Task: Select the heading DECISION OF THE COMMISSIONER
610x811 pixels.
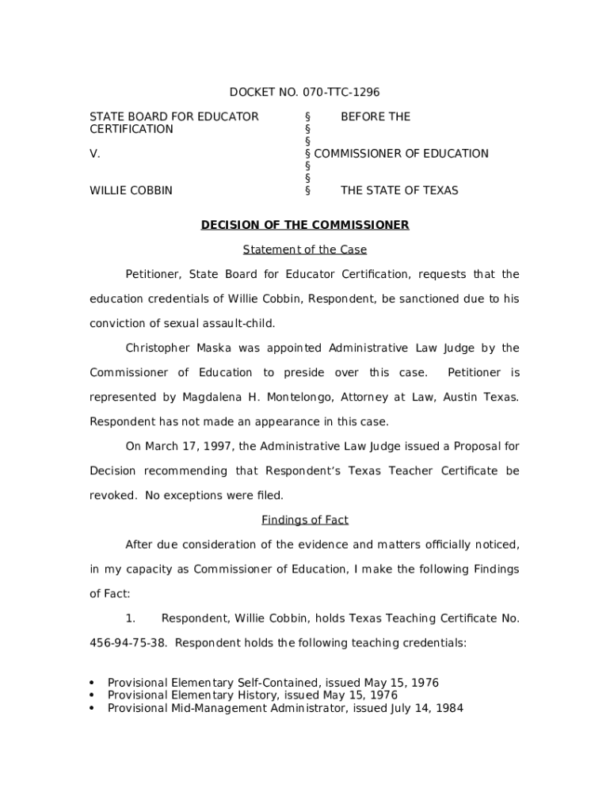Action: point(305,225)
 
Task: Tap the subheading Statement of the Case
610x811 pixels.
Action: point(305,249)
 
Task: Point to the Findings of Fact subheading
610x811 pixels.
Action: point(305,520)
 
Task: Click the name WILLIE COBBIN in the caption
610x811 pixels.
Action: point(131,190)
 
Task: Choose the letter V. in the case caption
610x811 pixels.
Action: point(94,154)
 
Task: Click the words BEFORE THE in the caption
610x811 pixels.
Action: point(376,116)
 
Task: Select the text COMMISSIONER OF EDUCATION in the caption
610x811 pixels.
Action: point(401,154)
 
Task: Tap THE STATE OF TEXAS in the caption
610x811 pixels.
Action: point(399,190)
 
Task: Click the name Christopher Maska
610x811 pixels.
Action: point(173,348)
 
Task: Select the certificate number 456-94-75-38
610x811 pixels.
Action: point(128,642)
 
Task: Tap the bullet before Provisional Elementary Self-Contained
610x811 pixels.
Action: point(93,683)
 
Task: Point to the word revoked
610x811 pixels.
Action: point(112,495)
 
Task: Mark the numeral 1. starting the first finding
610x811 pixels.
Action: point(132,618)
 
